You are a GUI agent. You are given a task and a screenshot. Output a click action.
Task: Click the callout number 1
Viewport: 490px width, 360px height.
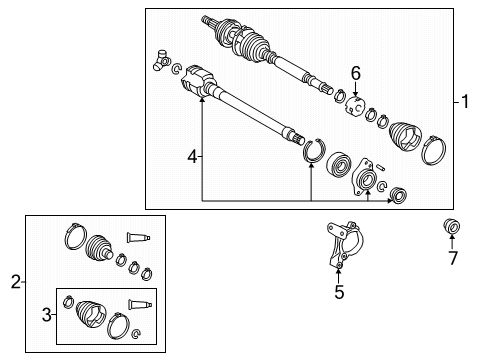464,102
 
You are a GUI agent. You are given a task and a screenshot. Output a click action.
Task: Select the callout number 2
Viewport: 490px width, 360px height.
15,283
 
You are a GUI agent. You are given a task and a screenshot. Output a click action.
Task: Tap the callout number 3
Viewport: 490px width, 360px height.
46,316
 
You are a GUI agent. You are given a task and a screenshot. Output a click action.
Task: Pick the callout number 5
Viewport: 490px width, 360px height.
339,292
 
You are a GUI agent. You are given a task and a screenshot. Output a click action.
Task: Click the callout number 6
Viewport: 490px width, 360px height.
354,73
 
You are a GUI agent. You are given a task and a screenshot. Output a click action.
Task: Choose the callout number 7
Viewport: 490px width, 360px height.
452,259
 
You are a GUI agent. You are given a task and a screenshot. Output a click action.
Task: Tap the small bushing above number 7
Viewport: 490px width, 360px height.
451,228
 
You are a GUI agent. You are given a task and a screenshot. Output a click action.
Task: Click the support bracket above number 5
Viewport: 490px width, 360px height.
337,244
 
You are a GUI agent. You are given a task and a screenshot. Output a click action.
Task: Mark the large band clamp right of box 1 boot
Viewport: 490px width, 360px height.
435,153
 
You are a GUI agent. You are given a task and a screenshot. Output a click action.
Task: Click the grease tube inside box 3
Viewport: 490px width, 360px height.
140,304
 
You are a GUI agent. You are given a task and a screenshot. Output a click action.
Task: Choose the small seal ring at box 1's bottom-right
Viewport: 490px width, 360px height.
397,194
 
